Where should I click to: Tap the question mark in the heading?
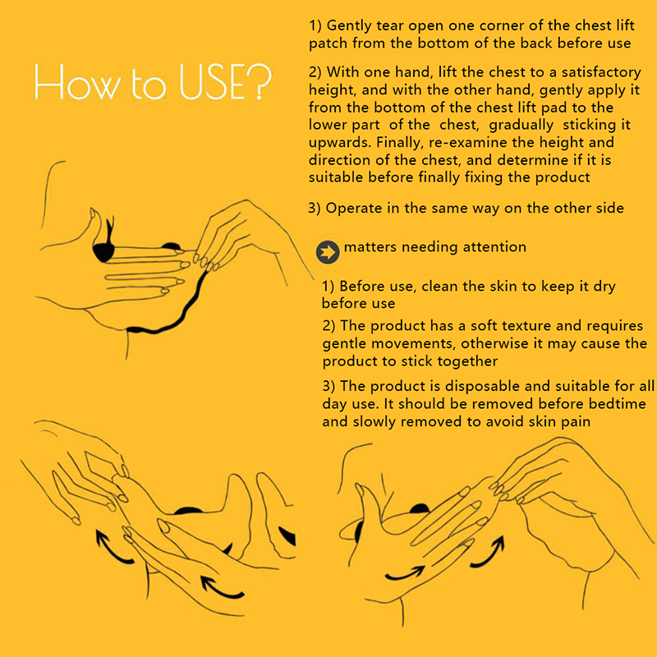coord(260,80)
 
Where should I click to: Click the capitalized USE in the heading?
coord(213,82)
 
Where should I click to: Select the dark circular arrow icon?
coord(328,252)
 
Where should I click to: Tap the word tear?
coord(390,25)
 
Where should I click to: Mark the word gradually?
coord(521,126)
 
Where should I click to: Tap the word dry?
coord(604,287)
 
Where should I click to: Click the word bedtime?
coord(618,403)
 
